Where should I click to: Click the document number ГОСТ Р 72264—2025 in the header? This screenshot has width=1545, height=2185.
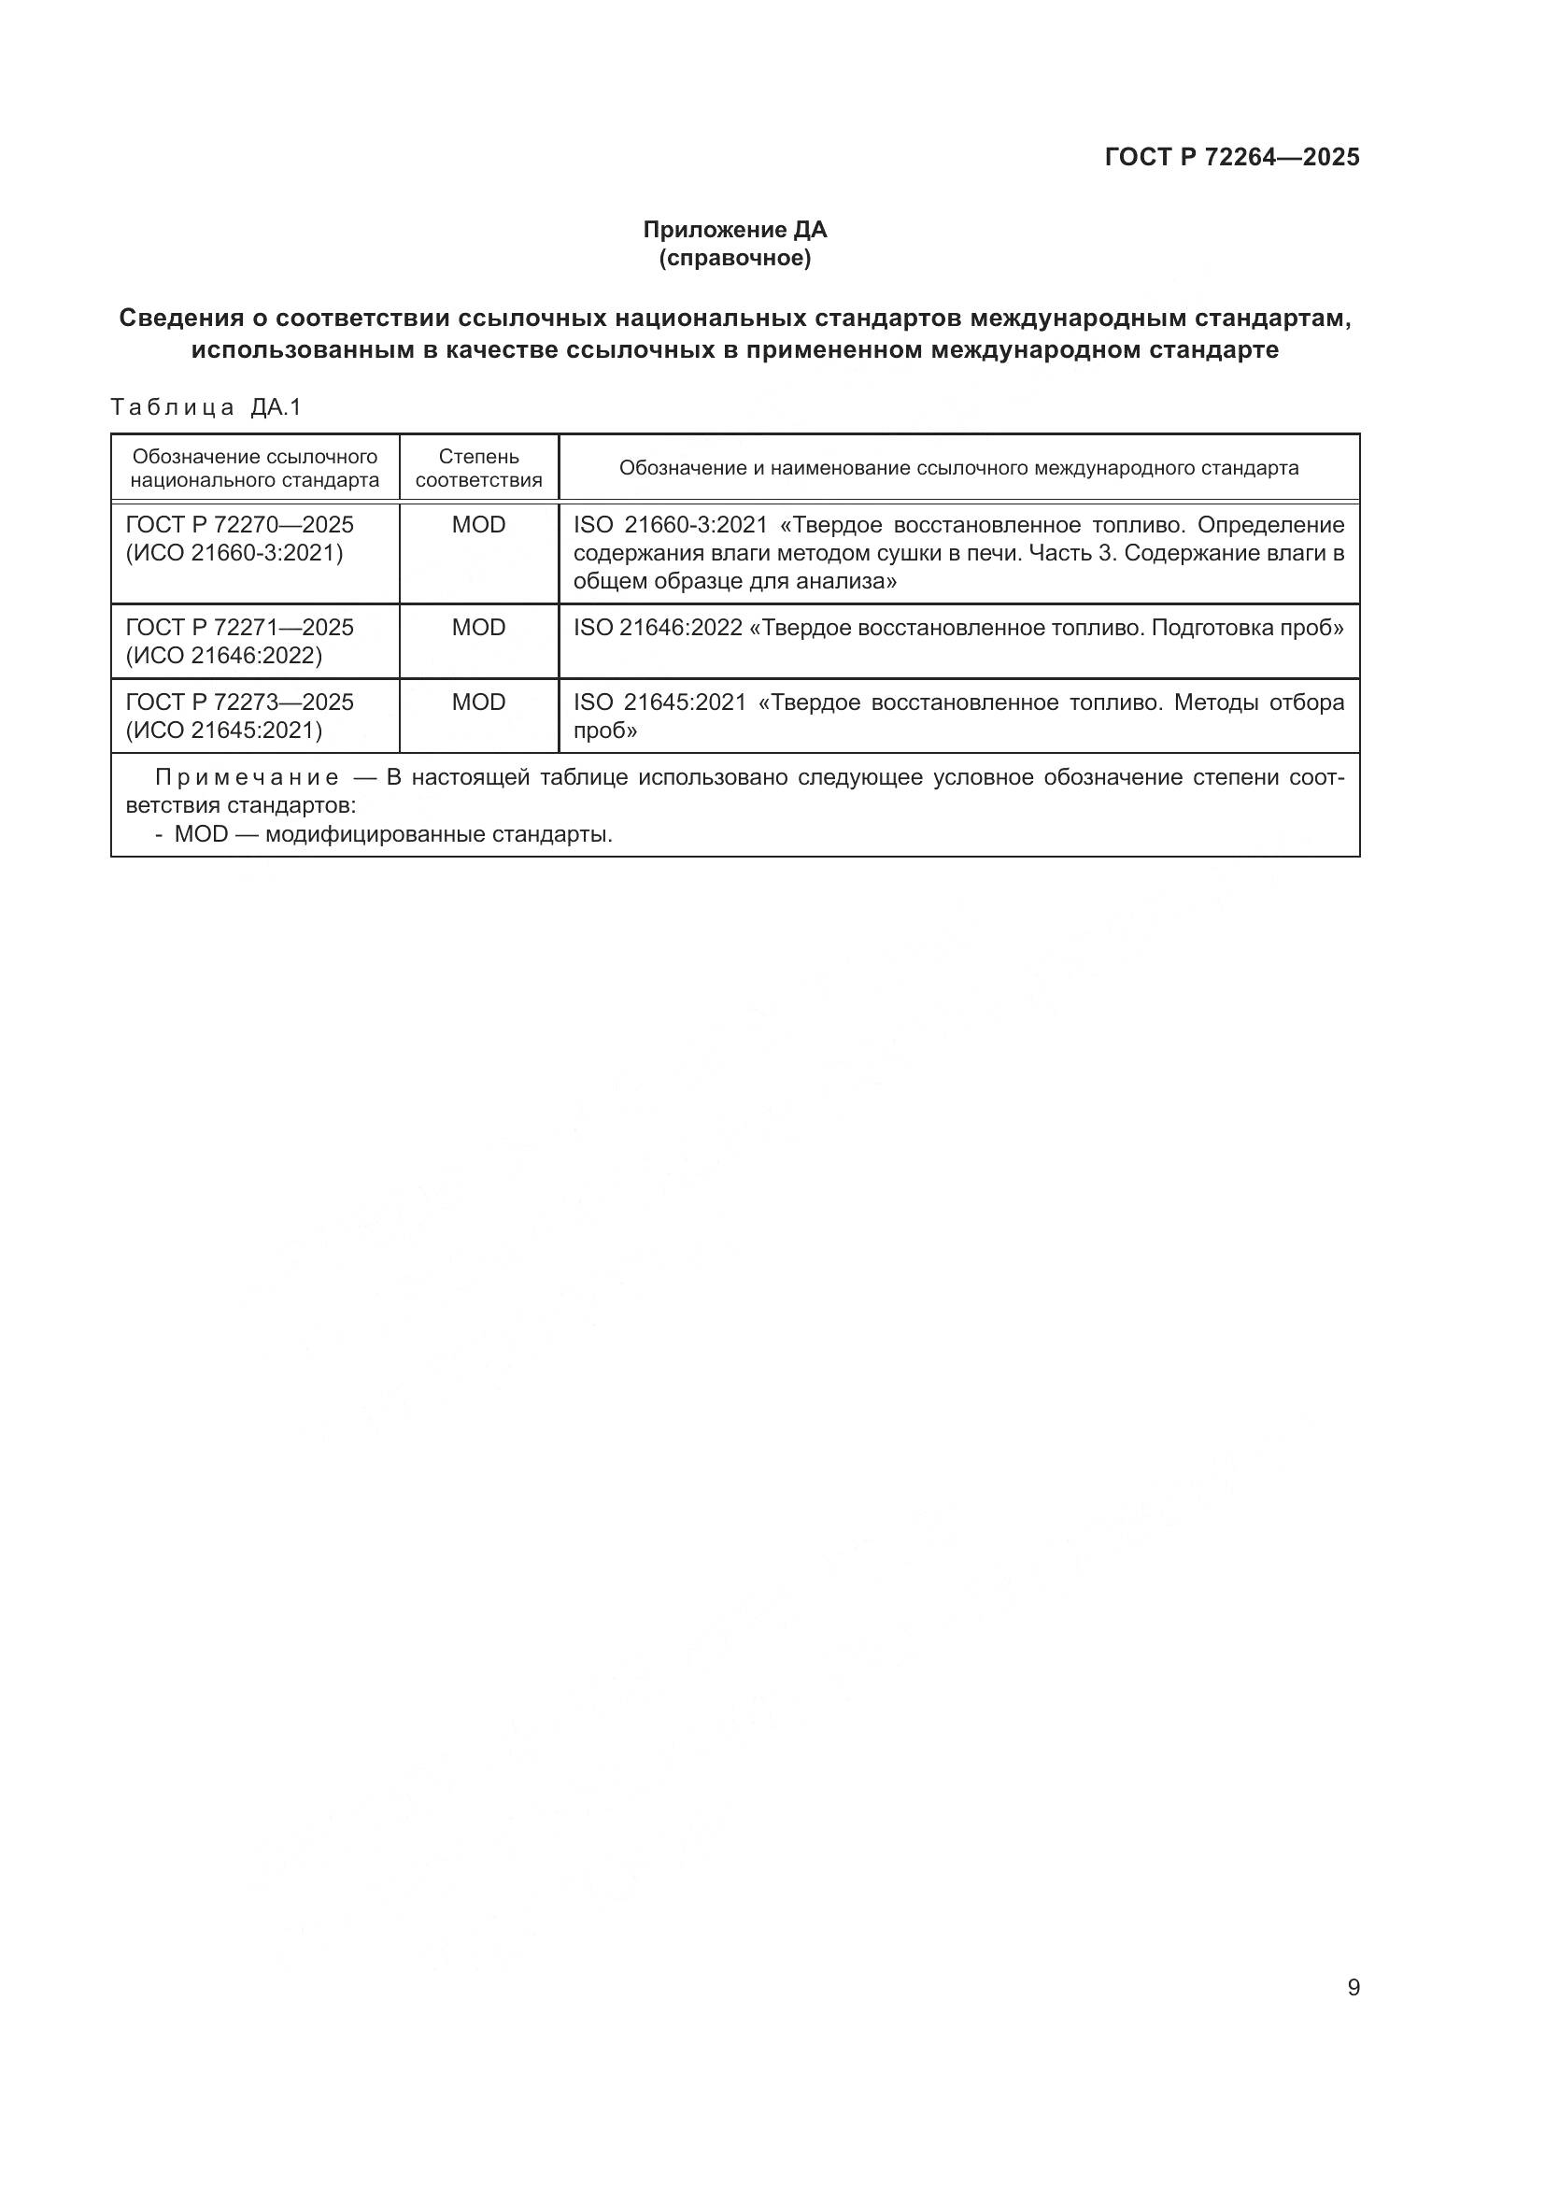tap(1232, 157)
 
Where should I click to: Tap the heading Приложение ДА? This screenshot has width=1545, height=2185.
tap(734, 230)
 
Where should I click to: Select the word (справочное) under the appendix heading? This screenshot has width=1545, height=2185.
tap(734, 258)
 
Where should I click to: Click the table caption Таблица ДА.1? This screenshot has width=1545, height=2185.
tap(206, 407)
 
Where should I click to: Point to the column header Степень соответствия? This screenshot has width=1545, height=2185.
tap(478, 468)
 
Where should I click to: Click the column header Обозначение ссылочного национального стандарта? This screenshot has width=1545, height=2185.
tap(255, 468)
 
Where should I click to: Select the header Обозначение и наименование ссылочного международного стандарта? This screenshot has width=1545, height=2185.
tap(958, 468)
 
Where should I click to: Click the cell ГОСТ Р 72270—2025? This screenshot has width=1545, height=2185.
tap(240, 525)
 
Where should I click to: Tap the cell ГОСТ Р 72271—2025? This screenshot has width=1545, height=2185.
tap(240, 628)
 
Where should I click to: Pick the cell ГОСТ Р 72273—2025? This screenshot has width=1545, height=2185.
tap(240, 702)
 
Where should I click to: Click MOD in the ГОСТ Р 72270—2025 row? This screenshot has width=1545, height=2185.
tap(478, 525)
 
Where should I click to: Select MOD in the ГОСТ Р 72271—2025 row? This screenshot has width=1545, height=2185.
tap(478, 628)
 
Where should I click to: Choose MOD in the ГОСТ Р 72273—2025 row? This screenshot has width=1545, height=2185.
tap(478, 702)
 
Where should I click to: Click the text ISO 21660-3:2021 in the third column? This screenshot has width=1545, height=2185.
tap(670, 525)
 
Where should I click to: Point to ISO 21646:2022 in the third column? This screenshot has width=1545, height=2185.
tap(658, 628)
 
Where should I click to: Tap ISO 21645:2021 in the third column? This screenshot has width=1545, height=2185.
tap(659, 702)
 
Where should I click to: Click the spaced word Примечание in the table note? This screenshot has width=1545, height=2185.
tap(248, 778)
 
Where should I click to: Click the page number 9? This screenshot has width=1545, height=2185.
tap(1353, 1988)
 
